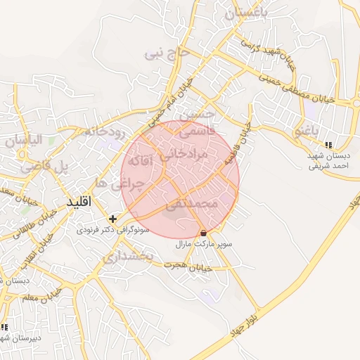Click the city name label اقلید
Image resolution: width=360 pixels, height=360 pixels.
79,202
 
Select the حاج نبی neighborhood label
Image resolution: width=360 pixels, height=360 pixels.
167,51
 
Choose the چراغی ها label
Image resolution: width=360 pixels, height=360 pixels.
129,184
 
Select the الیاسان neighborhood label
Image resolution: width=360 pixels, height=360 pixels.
25,140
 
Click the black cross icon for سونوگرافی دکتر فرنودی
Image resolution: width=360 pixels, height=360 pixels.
112,219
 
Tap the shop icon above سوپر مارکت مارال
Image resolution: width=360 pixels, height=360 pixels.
203,233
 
